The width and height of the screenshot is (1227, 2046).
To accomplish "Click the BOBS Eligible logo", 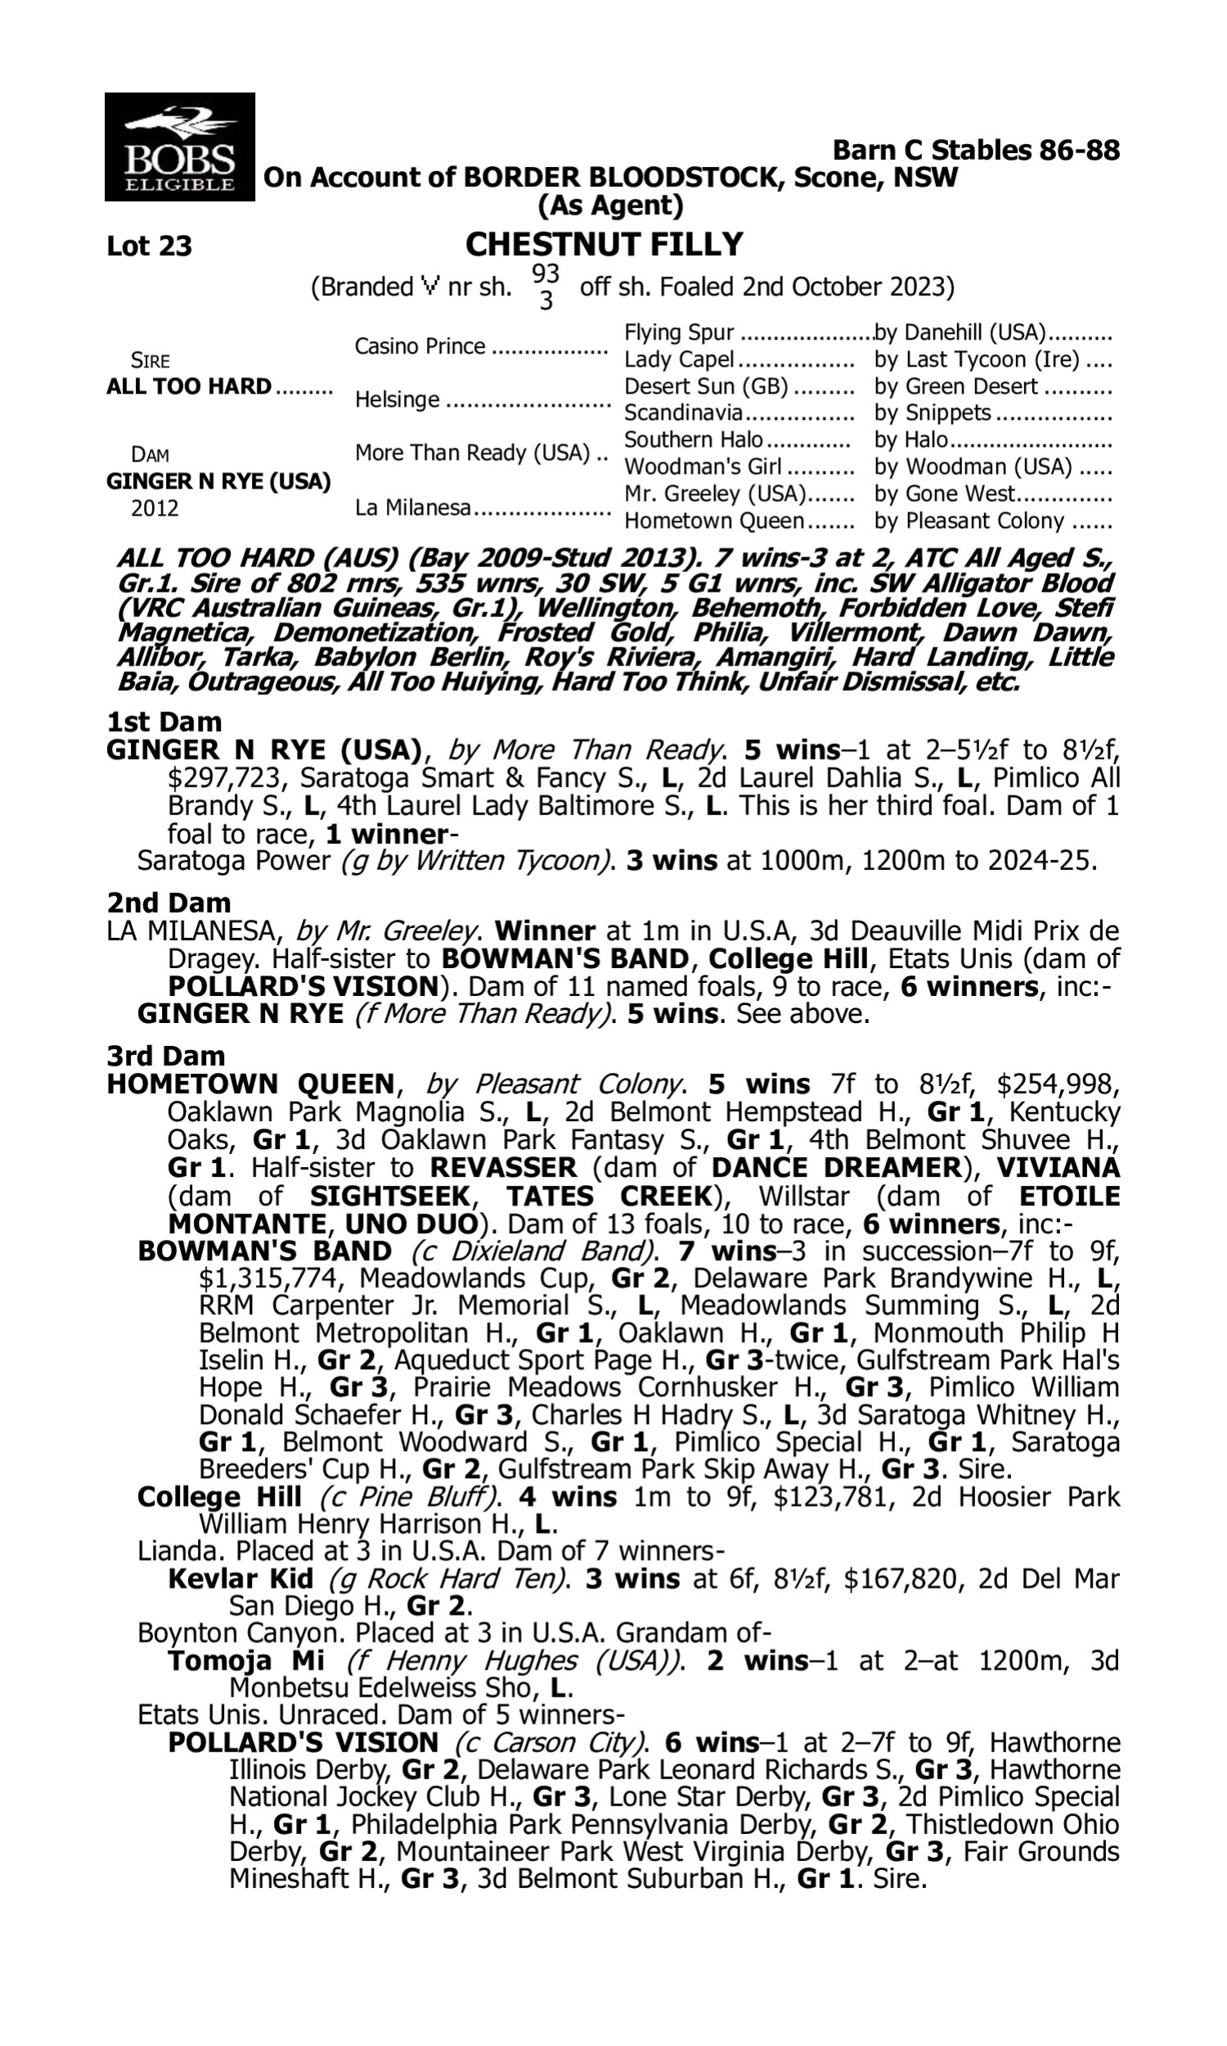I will (179, 147).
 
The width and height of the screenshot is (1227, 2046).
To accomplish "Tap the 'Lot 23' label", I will (150, 246).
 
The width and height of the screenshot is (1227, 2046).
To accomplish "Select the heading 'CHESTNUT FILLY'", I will (605, 244).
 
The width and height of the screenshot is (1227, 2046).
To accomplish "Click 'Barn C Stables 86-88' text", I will (976, 150).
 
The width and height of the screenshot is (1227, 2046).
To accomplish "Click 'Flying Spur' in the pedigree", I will (679, 332).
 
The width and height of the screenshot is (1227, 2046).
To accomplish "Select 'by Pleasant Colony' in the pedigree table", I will (969, 521).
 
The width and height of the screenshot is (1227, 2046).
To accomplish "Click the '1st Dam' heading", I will (164, 722).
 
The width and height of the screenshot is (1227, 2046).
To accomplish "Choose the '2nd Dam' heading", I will (169, 902).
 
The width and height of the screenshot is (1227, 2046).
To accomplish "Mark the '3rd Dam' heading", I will (166, 1056).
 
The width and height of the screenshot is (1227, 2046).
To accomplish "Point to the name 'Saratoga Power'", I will (233, 861).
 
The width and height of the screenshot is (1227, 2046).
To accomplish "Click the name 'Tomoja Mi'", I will (245, 1660).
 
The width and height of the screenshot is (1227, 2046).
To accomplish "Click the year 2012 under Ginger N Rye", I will (155, 507).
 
